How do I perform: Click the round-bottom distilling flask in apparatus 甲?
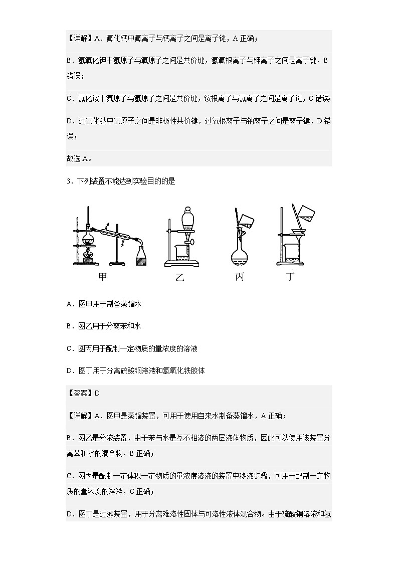click(x=89, y=234)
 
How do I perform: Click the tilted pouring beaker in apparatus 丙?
click(x=246, y=219)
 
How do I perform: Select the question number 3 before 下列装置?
click(x=68, y=181)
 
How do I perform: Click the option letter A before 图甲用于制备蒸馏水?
click(x=69, y=304)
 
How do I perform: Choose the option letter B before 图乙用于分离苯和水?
click(x=69, y=326)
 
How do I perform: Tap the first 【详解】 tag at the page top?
click(x=79, y=38)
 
